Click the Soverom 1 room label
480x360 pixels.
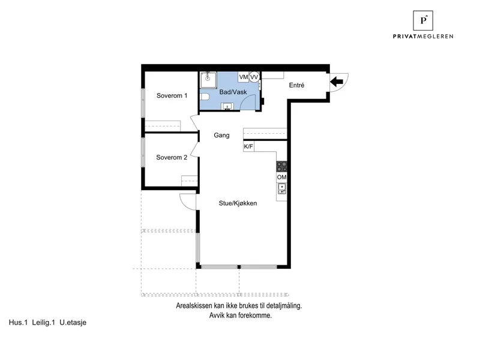tap(172, 95)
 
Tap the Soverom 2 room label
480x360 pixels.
tap(172, 157)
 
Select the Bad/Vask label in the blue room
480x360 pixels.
tap(233, 92)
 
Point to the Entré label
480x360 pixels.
tap(296, 85)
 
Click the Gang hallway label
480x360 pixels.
tap(221, 136)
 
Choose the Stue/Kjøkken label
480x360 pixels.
tap(238, 203)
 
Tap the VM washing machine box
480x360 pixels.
tap(244, 77)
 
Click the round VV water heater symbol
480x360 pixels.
tap(254, 77)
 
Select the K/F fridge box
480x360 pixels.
tap(248, 146)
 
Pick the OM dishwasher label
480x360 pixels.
tap(281, 177)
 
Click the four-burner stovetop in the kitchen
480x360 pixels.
tap(281, 167)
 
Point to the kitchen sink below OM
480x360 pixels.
tap(281, 188)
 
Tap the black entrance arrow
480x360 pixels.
tap(337, 82)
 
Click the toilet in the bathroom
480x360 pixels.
tap(205, 97)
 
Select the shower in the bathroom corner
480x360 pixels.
tap(208, 80)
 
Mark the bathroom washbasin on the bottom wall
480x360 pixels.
tap(227, 107)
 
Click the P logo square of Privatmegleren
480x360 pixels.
tap(423, 20)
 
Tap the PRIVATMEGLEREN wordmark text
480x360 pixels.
tap(423, 37)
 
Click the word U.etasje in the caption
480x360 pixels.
tap(73, 322)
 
